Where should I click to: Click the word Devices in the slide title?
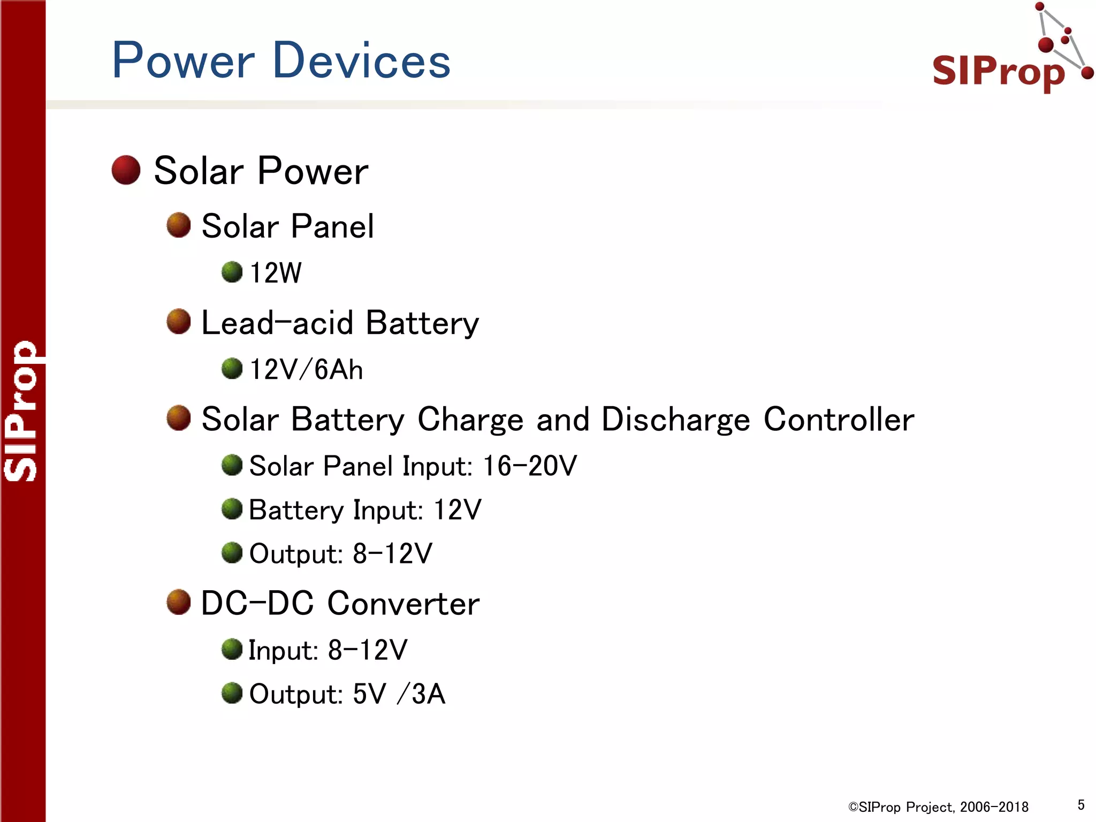362,60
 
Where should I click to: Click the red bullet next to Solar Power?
126,170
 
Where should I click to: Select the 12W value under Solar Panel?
276,272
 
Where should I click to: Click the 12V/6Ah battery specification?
306,369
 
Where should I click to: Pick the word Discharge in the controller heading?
676,419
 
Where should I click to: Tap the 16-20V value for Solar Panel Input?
530,466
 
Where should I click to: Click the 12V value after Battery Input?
458,509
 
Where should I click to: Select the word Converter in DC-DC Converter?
404,604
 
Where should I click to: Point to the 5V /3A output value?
399,694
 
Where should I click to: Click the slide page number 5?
1081,805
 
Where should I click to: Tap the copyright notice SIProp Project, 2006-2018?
938,807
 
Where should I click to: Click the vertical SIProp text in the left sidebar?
21,411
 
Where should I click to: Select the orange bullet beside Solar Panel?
179,225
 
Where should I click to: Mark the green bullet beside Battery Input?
232,509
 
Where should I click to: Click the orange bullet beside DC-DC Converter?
179,603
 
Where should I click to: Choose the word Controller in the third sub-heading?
839,419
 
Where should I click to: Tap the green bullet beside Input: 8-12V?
232,650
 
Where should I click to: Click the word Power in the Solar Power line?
313,171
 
